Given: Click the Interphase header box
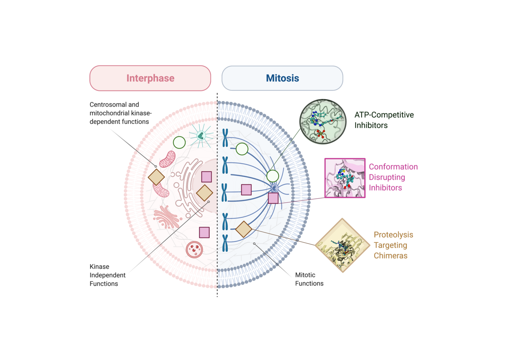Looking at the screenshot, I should click(150, 78).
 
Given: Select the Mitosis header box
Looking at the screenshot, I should click(282, 78).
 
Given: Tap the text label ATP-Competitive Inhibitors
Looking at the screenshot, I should click(383, 120).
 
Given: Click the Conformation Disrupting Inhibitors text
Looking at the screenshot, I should click(393, 177).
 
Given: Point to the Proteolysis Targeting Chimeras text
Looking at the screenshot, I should click(393, 245).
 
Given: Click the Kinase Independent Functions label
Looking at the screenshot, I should click(107, 275).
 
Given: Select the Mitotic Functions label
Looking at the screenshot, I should click(309, 279).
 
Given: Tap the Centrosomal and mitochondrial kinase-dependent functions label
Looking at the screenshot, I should click(120, 113).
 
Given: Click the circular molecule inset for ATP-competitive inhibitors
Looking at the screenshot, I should click(322, 122).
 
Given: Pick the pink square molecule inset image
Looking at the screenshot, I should click(345, 178).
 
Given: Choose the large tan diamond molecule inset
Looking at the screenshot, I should click(343, 245).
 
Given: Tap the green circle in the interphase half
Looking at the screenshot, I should click(179, 143).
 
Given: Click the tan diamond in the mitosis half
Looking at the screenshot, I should click(244, 229).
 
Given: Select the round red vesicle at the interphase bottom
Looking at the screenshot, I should click(194, 250).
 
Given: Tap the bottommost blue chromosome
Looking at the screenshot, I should click(225, 243).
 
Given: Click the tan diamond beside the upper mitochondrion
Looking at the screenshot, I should click(156, 177).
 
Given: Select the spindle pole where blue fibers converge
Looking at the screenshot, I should click(275, 188).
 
